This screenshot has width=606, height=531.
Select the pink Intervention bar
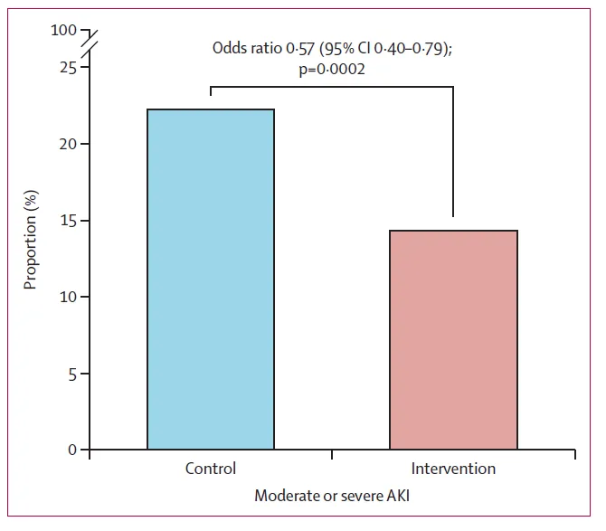point(453,339)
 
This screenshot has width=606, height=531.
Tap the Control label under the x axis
point(211,469)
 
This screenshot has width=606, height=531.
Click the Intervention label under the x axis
point(453,469)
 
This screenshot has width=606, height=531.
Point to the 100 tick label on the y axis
point(65,31)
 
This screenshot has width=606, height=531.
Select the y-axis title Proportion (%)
point(31,240)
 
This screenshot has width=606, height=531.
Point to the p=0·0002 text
point(332,69)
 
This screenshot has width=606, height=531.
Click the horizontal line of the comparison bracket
point(332,87)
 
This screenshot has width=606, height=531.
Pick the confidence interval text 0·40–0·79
point(405,49)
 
